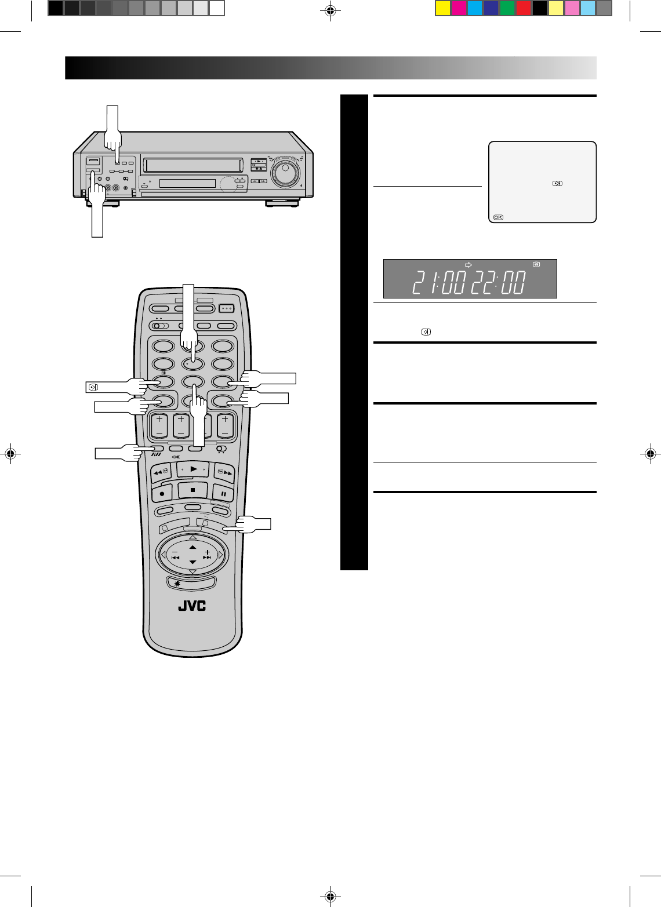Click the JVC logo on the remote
(192, 606)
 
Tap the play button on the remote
(193, 469)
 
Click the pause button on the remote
(223, 494)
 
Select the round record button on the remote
(162, 494)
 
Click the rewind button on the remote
(161, 472)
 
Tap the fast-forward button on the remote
(224, 472)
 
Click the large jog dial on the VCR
(286, 172)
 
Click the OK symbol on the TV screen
(498, 217)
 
